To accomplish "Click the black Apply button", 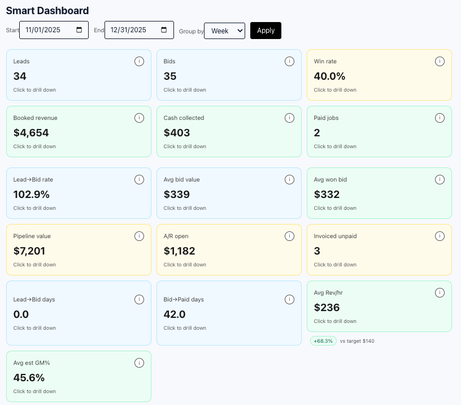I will click(266, 31).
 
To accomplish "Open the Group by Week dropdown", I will click(224, 31).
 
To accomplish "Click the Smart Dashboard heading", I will click(47, 11).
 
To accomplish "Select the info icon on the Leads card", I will click(139, 61).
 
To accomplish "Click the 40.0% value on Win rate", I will click(329, 76).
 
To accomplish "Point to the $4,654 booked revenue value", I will click(31, 133).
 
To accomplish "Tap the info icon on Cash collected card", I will click(289, 118).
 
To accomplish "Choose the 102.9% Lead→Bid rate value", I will click(32, 195).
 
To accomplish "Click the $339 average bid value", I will click(176, 195).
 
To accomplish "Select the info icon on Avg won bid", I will click(440, 179).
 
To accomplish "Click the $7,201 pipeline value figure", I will click(29, 251).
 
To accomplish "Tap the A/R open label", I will click(176, 236).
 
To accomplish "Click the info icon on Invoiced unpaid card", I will click(440, 236).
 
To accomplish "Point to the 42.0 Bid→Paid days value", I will click(175, 314).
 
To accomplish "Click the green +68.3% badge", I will click(323, 341).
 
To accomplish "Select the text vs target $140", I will click(357, 341).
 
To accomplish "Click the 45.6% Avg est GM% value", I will click(29, 378).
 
